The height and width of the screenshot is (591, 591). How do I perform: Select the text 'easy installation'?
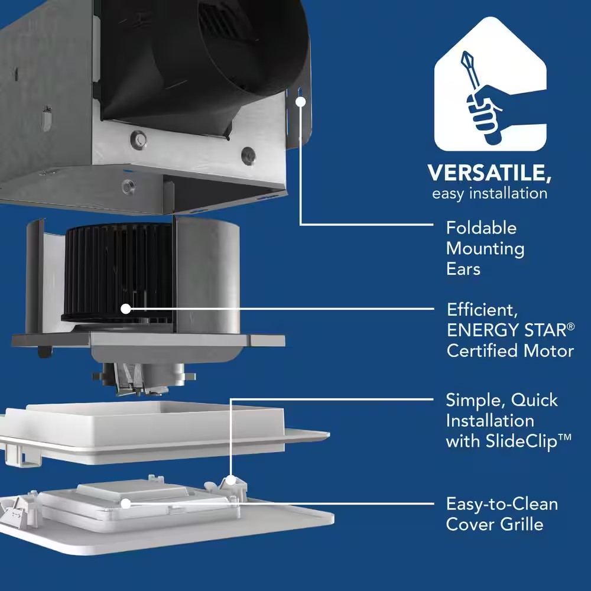coord(489,193)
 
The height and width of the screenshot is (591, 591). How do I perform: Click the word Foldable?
coord(481,228)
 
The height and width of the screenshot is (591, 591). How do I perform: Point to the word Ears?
coord(463,269)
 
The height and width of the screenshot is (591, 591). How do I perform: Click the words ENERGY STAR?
coord(507,330)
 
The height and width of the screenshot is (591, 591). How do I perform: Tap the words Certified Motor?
coord(511,351)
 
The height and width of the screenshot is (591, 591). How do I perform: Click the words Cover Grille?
coord(495,524)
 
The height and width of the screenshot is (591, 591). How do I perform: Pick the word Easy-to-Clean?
coord(502,504)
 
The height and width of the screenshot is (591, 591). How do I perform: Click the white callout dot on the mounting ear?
coord(300,102)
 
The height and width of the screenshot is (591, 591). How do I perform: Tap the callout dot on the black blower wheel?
coord(125,309)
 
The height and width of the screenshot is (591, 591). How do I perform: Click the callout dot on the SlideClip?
coord(230,480)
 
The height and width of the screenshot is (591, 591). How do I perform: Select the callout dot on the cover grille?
coord(125,504)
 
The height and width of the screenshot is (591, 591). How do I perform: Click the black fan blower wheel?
coord(117,272)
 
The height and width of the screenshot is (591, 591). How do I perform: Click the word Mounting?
coord(485,249)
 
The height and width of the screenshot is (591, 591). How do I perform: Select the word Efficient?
coord(482,310)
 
